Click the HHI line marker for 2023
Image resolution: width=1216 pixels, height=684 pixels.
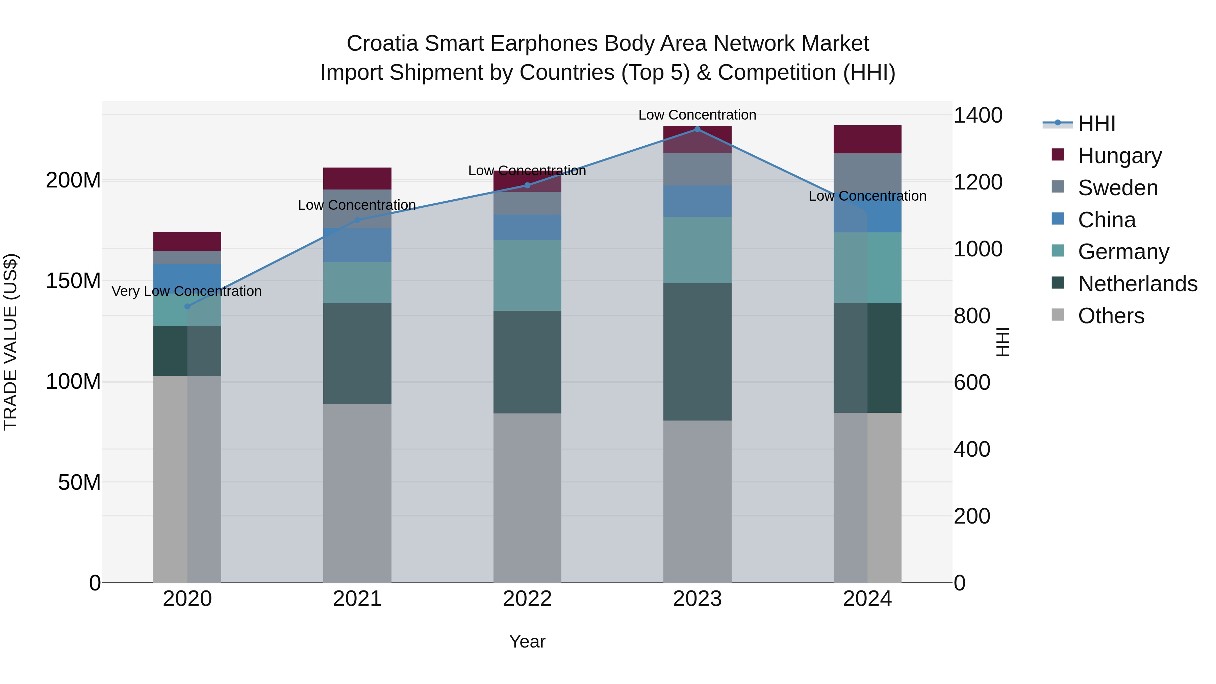coord(697,129)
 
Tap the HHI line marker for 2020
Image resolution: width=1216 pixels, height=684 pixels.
coord(187,306)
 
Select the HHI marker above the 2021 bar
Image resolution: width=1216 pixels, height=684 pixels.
coord(357,220)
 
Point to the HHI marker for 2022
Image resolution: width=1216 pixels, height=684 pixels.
coord(527,185)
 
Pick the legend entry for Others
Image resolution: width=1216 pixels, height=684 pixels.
coord(1111,316)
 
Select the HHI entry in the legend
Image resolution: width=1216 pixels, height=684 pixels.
coord(1096,124)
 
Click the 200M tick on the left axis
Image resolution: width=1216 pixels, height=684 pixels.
coord(73,180)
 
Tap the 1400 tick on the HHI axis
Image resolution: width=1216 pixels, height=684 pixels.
coord(978,116)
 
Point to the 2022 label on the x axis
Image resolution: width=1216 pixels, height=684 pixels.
coord(527,599)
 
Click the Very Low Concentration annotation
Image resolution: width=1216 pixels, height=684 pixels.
coord(187,291)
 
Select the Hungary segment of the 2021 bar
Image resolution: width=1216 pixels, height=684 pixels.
coord(357,178)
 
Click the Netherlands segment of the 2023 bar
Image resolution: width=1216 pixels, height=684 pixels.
coord(697,352)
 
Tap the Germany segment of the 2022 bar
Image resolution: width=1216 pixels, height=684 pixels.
coord(527,275)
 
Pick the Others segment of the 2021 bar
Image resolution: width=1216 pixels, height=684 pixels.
coord(357,493)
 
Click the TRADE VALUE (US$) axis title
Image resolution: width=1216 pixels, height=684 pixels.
coord(10,342)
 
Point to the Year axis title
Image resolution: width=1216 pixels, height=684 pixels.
coord(527,641)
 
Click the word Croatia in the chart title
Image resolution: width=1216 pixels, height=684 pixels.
coord(382,44)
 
